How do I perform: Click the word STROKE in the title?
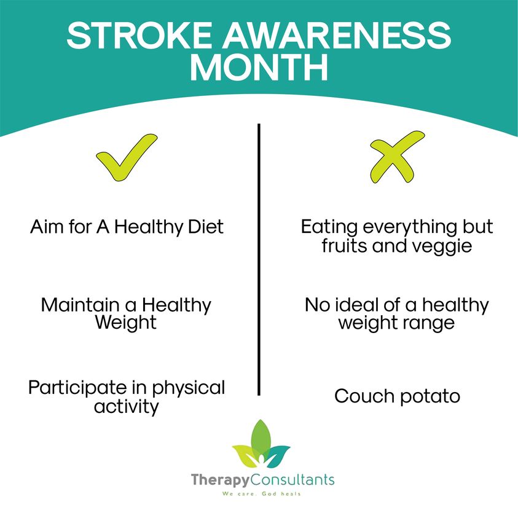139,36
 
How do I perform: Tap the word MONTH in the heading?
259,67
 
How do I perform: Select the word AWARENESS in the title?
336,36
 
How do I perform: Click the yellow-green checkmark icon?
127,157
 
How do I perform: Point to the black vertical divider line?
259,259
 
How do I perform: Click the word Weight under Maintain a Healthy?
126,323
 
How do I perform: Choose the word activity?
127,406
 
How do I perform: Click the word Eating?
329,227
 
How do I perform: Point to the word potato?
430,396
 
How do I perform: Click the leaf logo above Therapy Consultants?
261,444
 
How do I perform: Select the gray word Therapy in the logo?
221,480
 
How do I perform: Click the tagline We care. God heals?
261,494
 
